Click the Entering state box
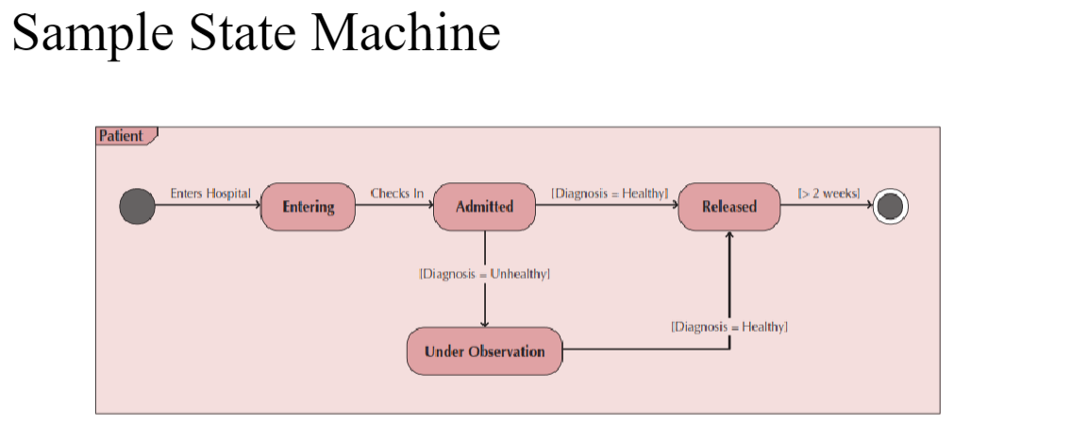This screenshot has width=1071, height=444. [308, 207]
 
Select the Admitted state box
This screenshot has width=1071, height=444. [484, 207]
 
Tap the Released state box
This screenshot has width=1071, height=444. [729, 207]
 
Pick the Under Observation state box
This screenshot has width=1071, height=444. [484, 351]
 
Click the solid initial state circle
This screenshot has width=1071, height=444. [137, 206]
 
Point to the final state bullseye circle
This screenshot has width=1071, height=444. [890, 206]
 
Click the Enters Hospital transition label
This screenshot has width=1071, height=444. [210, 194]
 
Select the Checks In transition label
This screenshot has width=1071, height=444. [396, 194]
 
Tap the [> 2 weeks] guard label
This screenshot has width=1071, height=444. [828, 194]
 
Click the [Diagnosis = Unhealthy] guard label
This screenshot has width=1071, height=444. [484, 274]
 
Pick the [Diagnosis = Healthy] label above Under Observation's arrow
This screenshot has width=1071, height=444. [728, 327]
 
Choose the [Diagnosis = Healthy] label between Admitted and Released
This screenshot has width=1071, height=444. [610, 194]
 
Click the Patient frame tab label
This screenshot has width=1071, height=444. [122, 136]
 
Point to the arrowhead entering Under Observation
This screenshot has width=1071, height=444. [485, 323]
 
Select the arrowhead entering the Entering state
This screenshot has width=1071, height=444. [256, 206]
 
